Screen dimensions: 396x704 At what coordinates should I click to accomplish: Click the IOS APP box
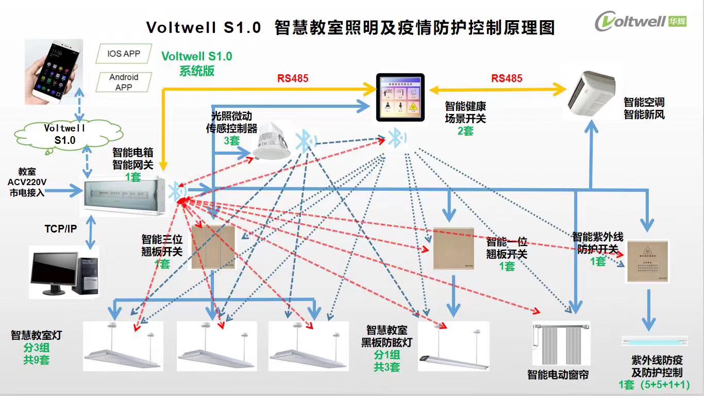click(x=124, y=54)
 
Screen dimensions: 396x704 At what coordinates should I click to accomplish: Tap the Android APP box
click(x=124, y=82)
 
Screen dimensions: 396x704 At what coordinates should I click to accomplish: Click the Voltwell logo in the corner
click(x=640, y=22)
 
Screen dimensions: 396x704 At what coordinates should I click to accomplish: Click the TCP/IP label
click(x=61, y=228)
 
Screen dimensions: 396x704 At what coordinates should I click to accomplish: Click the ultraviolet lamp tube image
click(x=654, y=340)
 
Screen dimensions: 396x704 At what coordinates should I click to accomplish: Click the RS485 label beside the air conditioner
click(x=507, y=78)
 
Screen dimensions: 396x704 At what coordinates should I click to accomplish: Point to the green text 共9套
click(x=36, y=360)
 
